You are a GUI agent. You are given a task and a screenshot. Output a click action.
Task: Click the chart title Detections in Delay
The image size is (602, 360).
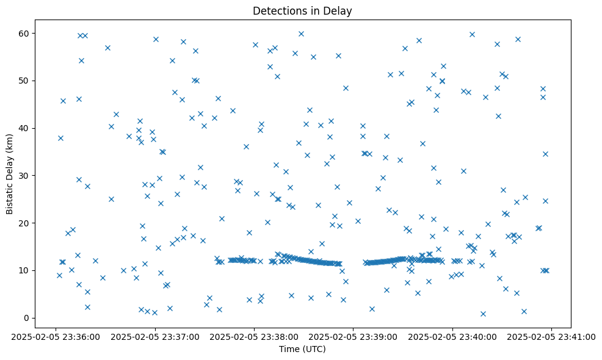point(302,11)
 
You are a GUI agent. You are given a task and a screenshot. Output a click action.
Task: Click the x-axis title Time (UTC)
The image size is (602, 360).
point(302,350)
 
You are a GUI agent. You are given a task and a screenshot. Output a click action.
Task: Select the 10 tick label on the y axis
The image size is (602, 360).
point(25,270)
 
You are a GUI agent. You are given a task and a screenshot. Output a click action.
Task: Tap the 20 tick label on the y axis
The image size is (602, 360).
point(25,223)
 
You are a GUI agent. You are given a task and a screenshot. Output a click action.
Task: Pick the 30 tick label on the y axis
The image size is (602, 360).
point(25,176)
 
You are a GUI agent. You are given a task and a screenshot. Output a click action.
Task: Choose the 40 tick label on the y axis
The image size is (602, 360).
point(25,128)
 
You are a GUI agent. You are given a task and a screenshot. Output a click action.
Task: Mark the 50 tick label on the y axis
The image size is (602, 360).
point(25,81)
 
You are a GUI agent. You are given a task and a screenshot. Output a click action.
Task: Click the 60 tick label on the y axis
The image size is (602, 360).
point(25,33)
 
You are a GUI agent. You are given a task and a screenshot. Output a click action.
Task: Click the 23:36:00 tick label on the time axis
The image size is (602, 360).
point(56,337)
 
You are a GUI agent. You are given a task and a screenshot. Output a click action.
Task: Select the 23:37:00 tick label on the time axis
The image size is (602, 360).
point(155,337)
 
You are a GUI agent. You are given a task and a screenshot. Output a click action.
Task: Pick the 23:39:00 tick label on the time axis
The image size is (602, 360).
point(354,337)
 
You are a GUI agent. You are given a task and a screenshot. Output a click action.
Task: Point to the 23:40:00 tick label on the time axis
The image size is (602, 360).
point(453,337)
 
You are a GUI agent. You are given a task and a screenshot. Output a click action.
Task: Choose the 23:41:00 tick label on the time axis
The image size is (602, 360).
point(552,337)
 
